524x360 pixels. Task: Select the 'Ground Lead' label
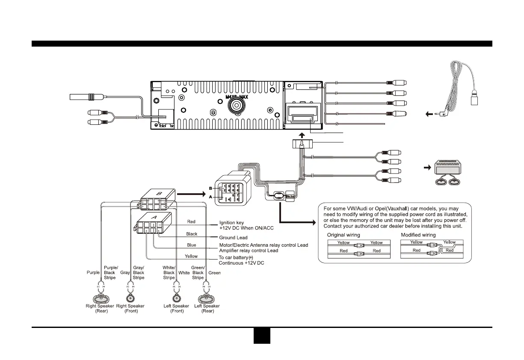(x=234, y=237)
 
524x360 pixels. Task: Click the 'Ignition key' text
(x=232, y=222)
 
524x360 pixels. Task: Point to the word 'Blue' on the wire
(x=192, y=245)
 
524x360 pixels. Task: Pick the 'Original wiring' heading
(x=343, y=235)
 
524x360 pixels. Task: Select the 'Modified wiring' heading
(x=418, y=235)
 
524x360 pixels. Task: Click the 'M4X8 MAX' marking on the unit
(x=237, y=97)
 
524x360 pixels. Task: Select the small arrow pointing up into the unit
(x=302, y=135)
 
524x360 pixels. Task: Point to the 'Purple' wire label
(x=93, y=272)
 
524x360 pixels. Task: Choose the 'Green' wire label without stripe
(x=214, y=272)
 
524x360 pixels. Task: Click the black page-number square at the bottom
(x=261, y=336)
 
